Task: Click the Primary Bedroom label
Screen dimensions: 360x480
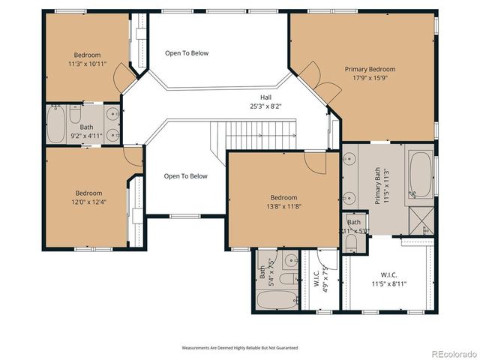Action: click(x=370, y=69)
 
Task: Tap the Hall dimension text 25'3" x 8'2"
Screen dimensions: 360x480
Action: click(x=265, y=106)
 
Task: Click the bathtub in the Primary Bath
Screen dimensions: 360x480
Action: click(x=420, y=174)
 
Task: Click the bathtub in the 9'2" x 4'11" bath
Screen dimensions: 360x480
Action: click(x=56, y=124)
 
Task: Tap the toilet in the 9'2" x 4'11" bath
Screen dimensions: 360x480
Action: click(x=76, y=115)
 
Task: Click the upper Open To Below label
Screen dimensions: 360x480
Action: click(x=187, y=53)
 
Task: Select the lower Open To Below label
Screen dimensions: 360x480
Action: click(x=185, y=176)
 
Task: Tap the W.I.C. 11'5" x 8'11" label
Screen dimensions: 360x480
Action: click(x=388, y=280)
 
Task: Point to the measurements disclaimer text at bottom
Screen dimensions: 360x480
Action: click(x=240, y=348)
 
